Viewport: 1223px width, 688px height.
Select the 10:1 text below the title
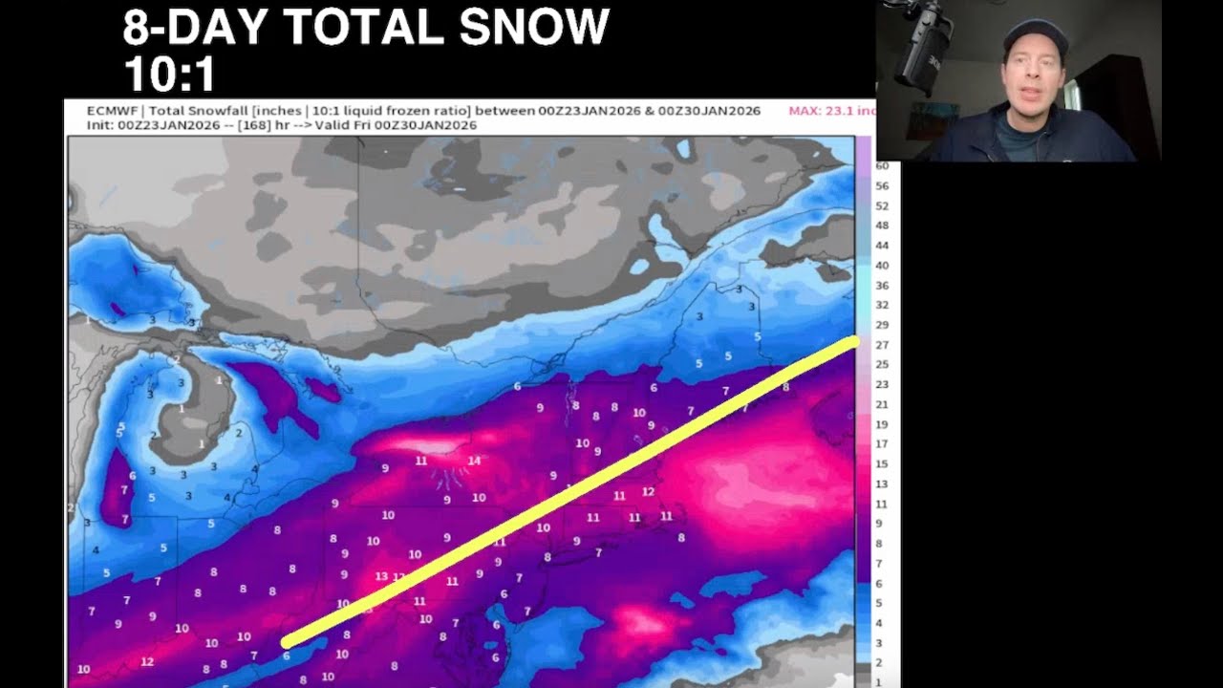coord(169,73)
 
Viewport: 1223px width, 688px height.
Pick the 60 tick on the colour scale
coord(882,166)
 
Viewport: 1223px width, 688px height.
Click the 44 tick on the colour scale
coord(882,246)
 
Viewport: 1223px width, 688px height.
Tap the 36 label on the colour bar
coord(882,286)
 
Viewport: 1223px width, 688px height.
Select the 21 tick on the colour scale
coord(882,405)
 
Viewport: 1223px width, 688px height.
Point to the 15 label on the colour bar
coord(882,464)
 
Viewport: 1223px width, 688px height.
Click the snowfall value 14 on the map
coord(473,461)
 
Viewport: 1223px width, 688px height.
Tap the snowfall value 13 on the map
coord(381,576)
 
